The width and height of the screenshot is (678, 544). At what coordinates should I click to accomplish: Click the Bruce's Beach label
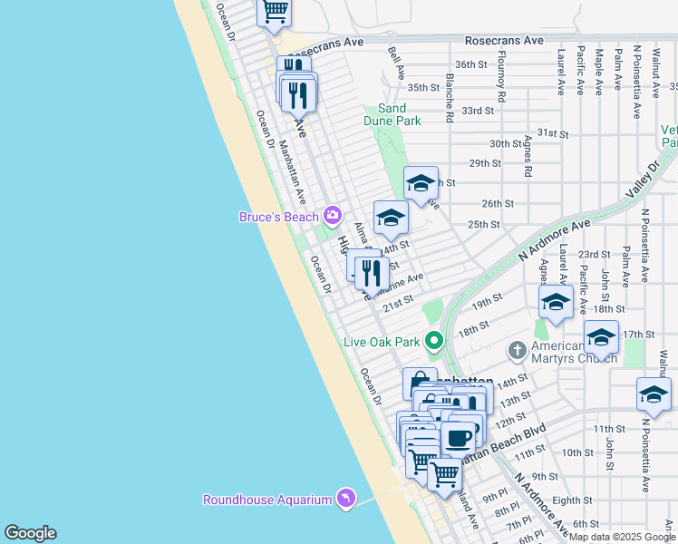pyautogui.click(x=278, y=217)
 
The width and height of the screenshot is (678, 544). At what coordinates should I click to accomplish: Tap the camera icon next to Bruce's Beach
pyautogui.click(x=332, y=216)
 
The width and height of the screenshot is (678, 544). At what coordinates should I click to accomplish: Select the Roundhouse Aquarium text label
pyautogui.click(x=266, y=500)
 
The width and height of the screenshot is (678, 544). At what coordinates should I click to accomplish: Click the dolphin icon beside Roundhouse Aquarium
pyautogui.click(x=345, y=499)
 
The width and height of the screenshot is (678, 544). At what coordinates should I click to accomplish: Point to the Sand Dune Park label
pyautogui.click(x=399, y=114)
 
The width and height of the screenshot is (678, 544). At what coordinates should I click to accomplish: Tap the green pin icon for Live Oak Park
pyautogui.click(x=434, y=342)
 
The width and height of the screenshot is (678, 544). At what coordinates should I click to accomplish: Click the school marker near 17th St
pyautogui.click(x=601, y=337)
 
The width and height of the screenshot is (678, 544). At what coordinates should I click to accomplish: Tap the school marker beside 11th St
pyautogui.click(x=654, y=393)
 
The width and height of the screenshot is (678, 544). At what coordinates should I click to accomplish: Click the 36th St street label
pyautogui.click(x=471, y=64)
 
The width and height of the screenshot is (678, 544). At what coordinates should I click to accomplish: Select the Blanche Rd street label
pyautogui.click(x=449, y=98)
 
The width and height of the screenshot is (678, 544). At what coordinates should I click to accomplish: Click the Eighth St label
pyautogui.click(x=571, y=500)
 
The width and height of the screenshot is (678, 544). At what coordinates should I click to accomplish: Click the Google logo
pyautogui.click(x=30, y=533)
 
